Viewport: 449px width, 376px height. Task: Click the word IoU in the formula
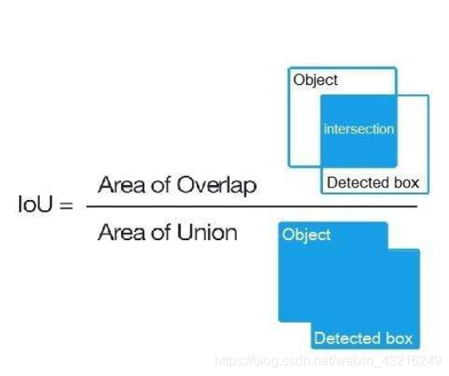click(x=36, y=204)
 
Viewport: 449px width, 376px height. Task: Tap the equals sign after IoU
click(x=66, y=205)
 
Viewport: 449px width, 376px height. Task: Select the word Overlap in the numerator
click(x=216, y=185)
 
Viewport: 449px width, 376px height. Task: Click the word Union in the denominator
click(x=207, y=232)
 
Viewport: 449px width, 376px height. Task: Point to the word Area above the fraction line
click(x=121, y=185)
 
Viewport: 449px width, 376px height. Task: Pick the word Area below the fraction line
click(x=121, y=233)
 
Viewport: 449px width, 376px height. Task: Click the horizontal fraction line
click(x=252, y=206)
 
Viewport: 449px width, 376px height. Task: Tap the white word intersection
click(x=359, y=129)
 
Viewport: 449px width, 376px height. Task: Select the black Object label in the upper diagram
click(x=315, y=80)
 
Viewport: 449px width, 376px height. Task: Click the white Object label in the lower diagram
click(x=306, y=235)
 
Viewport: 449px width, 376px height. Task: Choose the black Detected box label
click(x=373, y=183)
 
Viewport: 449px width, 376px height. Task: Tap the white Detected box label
click(x=363, y=338)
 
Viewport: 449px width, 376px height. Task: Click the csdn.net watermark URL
click(x=328, y=361)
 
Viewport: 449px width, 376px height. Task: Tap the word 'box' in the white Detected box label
click(x=399, y=338)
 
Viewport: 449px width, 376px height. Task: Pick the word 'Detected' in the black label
click(x=358, y=183)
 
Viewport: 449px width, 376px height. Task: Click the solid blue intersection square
click(x=359, y=131)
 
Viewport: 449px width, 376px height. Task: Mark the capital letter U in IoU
click(x=44, y=204)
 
